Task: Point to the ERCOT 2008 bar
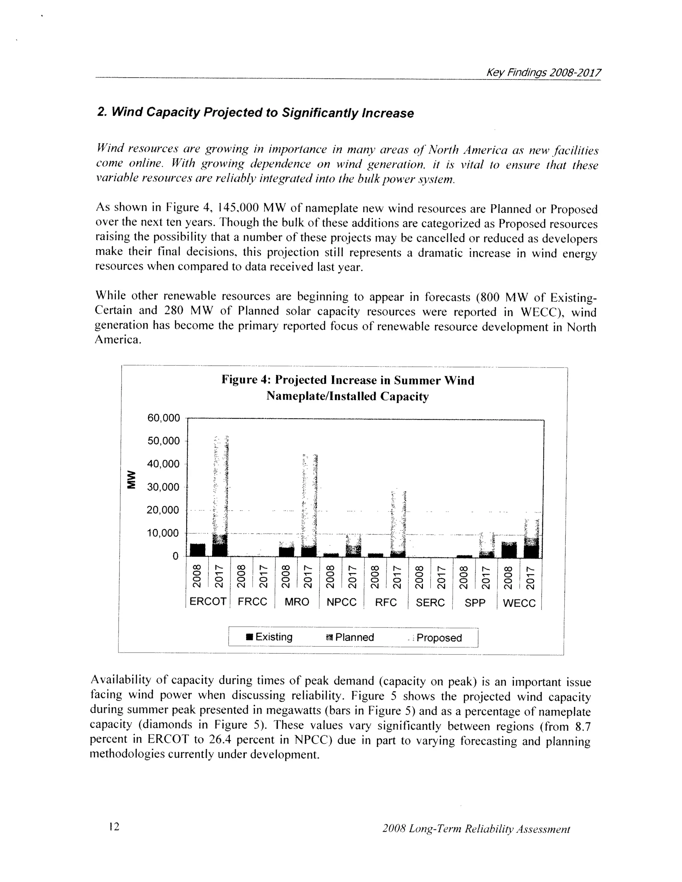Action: click(197, 550)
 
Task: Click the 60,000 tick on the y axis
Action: click(164, 418)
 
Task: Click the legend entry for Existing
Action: click(269, 637)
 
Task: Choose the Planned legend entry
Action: click(350, 637)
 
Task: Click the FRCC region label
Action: click(252, 602)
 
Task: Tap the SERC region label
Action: click(430, 602)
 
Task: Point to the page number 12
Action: click(114, 827)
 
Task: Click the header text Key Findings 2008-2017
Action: click(543, 73)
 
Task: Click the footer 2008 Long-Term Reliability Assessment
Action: click(476, 829)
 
